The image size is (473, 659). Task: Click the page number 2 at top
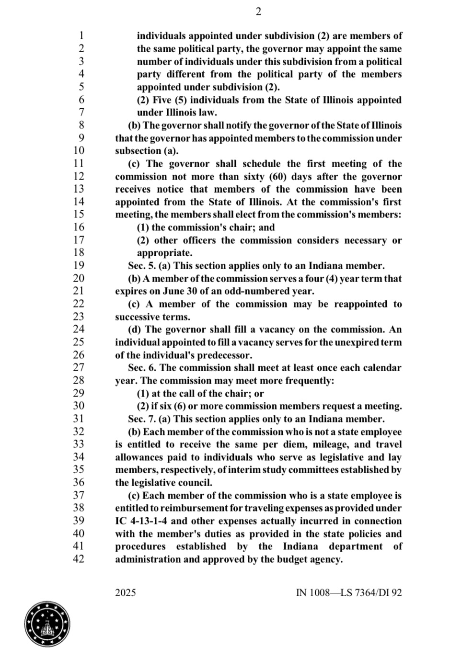click(x=258, y=12)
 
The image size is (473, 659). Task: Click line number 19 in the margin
click(x=78, y=265)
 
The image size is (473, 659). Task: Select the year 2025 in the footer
click(x=126, y=593)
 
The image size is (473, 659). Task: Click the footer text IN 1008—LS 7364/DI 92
click(x=349, y=593)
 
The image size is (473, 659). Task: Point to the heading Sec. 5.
click(x=141, y=266)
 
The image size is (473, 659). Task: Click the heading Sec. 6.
click(x=141, y=368)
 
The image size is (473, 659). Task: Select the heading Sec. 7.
click(x=141, y=419)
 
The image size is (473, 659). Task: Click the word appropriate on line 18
click(x=164, y=253)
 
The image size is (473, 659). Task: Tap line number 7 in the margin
click(x=81, y=113)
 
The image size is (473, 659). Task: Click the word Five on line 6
click(x=162, y=100)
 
